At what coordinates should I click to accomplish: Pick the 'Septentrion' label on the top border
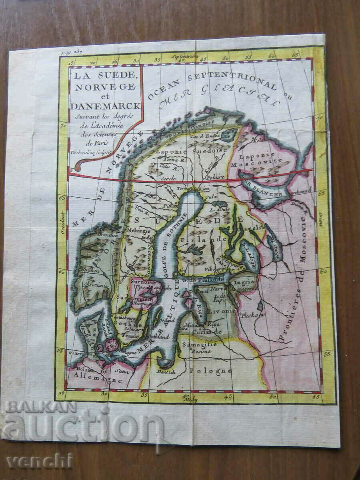point(185,56)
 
